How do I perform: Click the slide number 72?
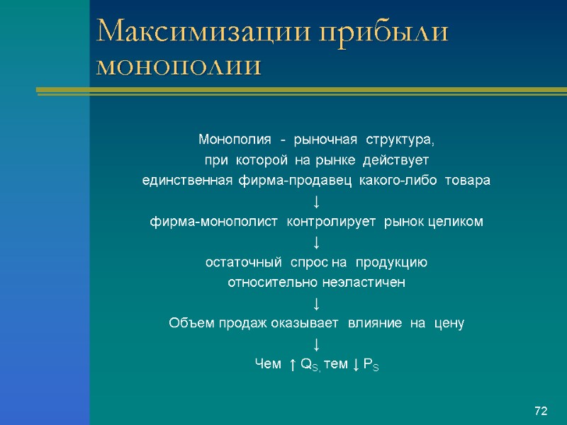pyautogui.click(x=541, y=411)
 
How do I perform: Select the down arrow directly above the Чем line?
pyautogui.click(x=316, y=345)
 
